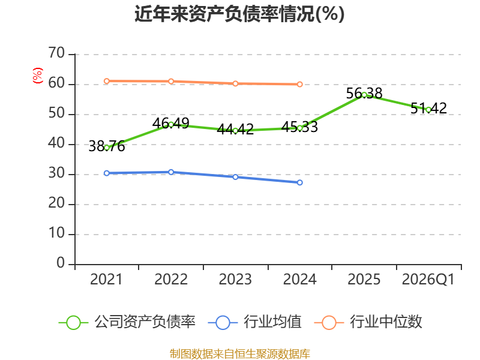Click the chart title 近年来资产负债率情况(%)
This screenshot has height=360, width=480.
239,14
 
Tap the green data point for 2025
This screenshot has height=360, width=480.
364,95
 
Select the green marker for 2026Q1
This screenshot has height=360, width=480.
428,110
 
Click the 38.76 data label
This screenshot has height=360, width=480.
107,146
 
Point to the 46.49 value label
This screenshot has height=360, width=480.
171,124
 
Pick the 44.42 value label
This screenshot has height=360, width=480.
235,129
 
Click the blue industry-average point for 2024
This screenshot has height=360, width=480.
299,182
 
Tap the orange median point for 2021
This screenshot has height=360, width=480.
107,81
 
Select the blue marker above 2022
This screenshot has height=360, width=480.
171,172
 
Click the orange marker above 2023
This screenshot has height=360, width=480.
235,83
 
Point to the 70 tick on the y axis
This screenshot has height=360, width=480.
56,53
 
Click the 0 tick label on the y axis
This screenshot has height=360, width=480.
61,263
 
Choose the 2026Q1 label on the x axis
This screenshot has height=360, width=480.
428,280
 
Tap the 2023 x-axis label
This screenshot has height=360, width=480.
235,280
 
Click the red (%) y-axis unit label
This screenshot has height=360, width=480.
38,76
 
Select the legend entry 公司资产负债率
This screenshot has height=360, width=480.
127,322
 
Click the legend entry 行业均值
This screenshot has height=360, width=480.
254,322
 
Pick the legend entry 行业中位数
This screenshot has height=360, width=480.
368,322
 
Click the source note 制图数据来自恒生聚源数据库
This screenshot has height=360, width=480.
240,353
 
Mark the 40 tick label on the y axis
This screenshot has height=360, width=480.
56,143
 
